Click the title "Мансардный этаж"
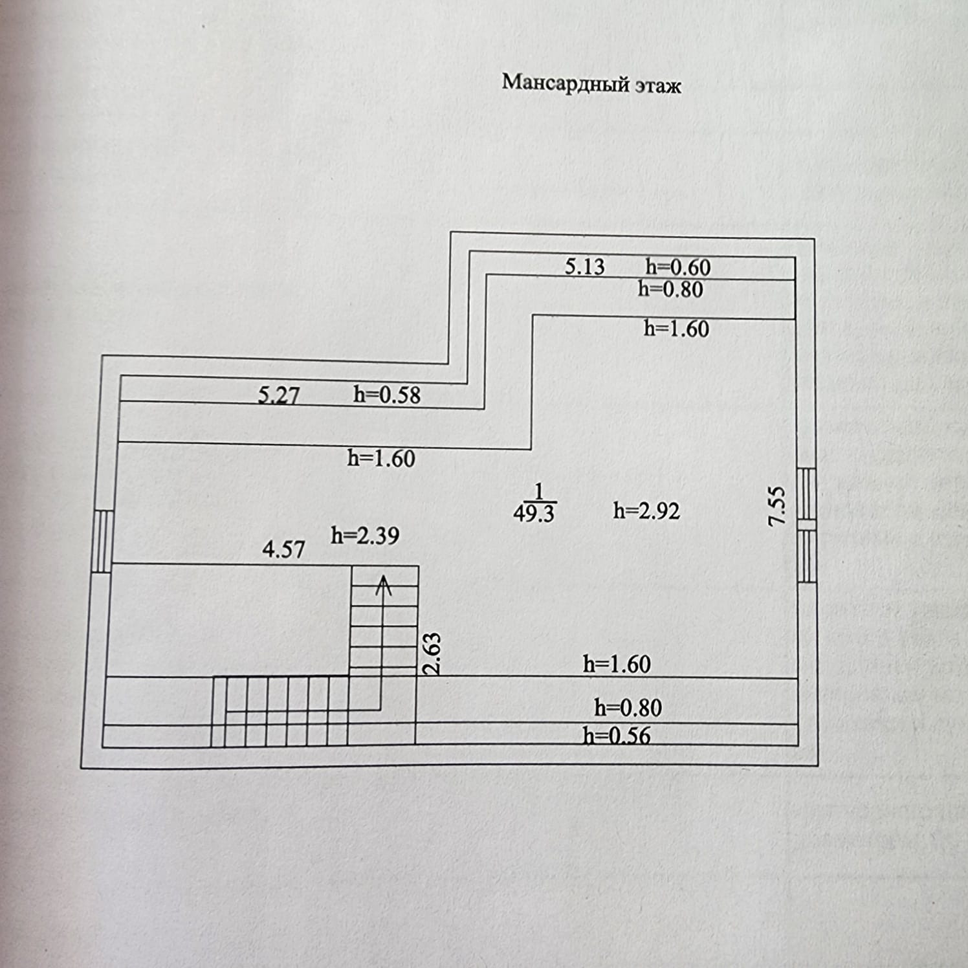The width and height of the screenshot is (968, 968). click(591, 84)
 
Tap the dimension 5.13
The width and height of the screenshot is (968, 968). click(584, 267)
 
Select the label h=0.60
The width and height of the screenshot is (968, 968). click(677, 267)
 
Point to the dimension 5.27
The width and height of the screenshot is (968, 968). click(278, 395)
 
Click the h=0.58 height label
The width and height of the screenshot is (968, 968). click(386, 395)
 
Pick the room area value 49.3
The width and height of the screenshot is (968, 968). click(534, 514)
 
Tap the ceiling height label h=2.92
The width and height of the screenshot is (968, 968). click(646, 511)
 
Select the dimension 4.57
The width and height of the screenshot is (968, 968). click(283, 550)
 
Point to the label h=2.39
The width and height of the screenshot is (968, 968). click(365, 536)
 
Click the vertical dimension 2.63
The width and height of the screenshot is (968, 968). click(433, 654)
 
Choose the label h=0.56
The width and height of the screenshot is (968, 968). click(616, 736)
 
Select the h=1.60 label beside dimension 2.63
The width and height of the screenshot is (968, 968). click(616, 665)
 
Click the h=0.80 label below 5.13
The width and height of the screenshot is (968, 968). click(670, 289)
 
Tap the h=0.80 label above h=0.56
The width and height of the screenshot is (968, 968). click(628, 708)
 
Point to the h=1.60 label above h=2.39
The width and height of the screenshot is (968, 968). click(380, 458)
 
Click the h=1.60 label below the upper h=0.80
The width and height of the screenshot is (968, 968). click(676, 329)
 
